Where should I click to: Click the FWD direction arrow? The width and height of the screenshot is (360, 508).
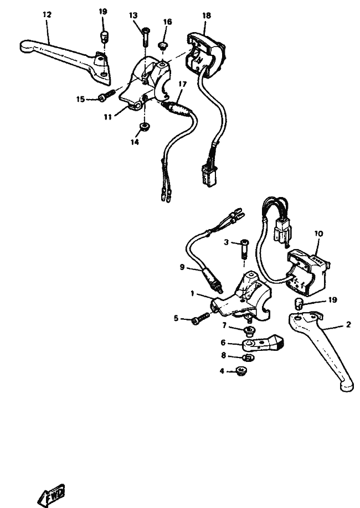tap(52, 495)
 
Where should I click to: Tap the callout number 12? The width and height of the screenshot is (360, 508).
tap(47, 14)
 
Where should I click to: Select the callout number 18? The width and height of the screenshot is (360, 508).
tap(206, 15)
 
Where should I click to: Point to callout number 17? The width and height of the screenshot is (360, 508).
tap(183, 84)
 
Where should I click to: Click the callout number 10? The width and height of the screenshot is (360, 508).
tap(318, 234)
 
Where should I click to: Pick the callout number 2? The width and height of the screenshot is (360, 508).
tap(348, 324)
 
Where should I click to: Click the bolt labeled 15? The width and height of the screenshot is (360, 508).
tap(107, 95)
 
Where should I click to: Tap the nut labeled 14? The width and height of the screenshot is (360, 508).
tap(144, 126)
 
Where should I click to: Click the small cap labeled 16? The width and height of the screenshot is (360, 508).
tap(162, 45)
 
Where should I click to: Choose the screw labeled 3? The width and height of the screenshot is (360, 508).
tap(243, 247)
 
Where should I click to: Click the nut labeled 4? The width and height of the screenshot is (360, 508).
tap(241, 371)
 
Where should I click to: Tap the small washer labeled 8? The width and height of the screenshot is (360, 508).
tap(249, 357)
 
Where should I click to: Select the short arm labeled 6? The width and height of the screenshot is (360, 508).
tap(263, 343)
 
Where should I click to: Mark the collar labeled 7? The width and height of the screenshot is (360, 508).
tap(249, 331)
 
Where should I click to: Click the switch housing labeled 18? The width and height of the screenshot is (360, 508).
tap(204, 54)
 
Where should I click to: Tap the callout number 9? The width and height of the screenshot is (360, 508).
tap(182, 267)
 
